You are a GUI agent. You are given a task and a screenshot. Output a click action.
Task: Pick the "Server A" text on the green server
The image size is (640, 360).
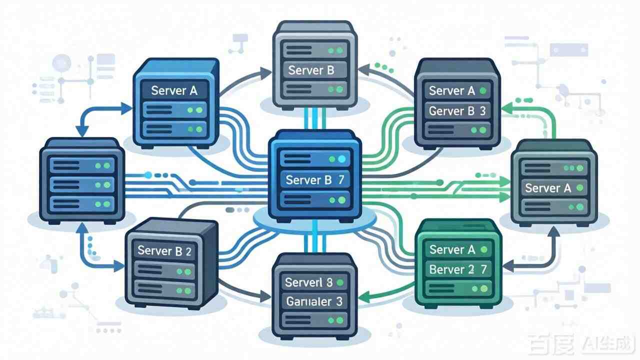click(452, 249)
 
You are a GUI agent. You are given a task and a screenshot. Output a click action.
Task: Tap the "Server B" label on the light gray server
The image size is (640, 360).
click(311, 70)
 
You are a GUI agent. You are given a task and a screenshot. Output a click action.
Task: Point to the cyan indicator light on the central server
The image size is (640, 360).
click(342, 159)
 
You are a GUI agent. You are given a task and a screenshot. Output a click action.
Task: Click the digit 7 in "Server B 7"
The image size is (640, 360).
click(341, 180)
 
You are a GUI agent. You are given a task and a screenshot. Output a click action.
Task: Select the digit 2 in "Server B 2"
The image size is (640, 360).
click(188, 251)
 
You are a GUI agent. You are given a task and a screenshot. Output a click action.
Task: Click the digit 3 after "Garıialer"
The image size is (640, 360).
click(339, 301)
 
